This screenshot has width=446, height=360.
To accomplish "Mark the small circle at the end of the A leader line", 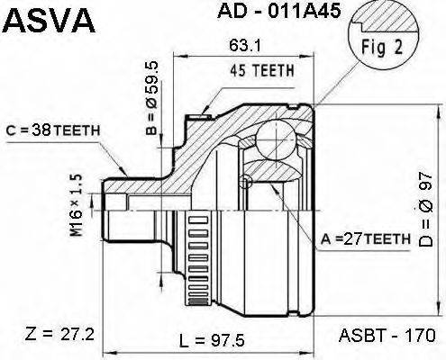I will (x=243, y=183).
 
